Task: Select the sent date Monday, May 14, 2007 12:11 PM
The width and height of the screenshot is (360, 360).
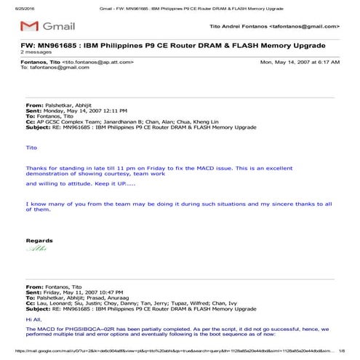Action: tap(84, 111)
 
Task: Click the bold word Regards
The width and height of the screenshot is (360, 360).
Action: tap(39, 240)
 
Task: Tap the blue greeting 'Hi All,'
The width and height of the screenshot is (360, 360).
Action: tap(33, 319)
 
